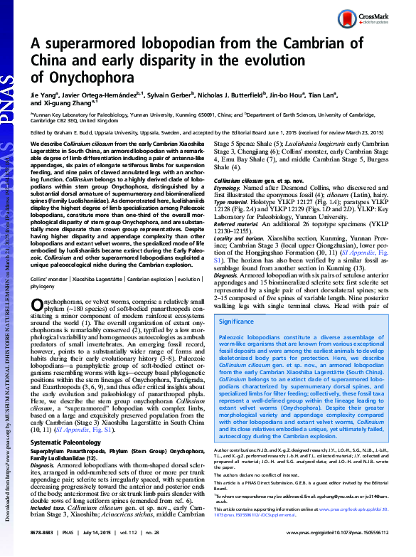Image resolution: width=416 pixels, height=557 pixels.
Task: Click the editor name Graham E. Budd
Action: tap(79, 133)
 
